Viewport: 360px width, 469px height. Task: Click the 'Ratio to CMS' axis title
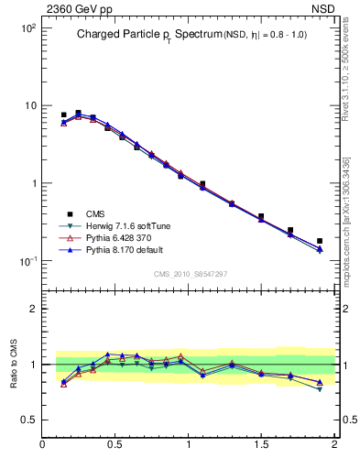pyautogui.click(x=14, y=362)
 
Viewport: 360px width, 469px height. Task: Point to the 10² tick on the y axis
pyautogui.click(x=27, y=28)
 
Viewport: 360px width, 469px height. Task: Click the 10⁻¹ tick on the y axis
pyautogui.click(x=27, y=261)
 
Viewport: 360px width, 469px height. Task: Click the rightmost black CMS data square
pyautogui.click(x=320, y=241)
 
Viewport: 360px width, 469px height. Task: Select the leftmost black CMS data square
pyautogui.click(x=63, y=115)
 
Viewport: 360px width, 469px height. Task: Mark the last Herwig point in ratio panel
pyautogui.click(x=320, y=388)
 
